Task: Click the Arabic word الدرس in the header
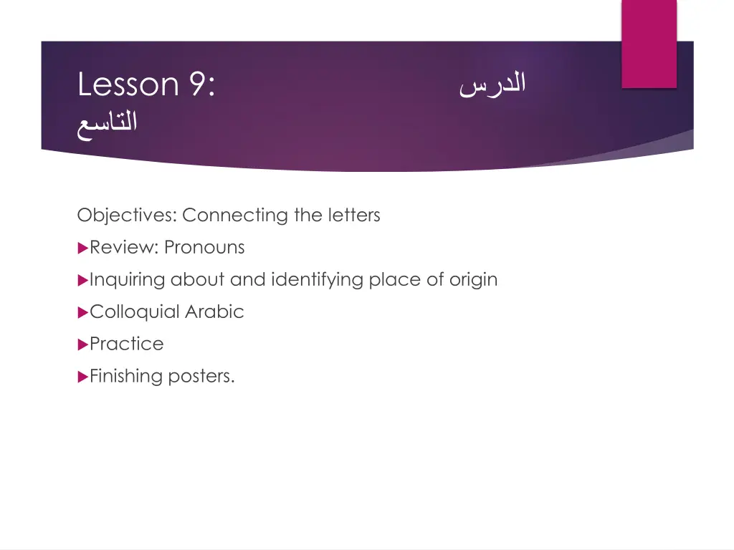pyautogui.click(x=492, y=85)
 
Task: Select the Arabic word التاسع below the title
pyautogui.click(x=108, y=122)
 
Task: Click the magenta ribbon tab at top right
pyautogui.click(x=648, y=43)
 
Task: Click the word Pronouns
pyautogui.click(x=204, y=247)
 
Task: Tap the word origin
pyautogui.click(x=473, y=279)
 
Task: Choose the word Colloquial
pyautogui.click(x=135, y=312)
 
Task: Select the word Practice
pyautogui.click(x=127, y=344)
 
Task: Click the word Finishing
pyautogui.click(x=126, y=376)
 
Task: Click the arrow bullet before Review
pyautogui.click(x=82, y=248)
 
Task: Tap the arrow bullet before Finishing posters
pyautogui.click(x=82, y=377)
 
